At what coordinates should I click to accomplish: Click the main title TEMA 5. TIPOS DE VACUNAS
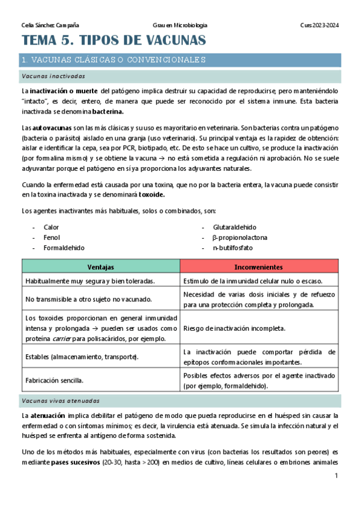(114, 41)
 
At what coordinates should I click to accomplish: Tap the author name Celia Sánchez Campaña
(50, 25)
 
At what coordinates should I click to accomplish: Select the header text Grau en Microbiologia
(180, 25)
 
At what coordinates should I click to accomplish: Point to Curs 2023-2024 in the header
(319, 25)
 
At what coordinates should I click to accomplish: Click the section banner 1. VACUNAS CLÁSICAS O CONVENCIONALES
(113, 60)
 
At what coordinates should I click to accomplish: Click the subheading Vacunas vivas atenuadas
(60, 401)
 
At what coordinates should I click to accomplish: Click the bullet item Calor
(51, 227)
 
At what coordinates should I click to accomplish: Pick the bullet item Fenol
(52, 238)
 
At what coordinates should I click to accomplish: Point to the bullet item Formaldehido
(64, 248)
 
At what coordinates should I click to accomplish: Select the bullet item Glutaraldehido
(234, 227)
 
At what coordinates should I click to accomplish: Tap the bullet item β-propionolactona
(239, 238)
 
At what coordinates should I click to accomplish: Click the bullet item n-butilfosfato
(233, 248)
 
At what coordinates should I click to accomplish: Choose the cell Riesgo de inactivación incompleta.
(234, 329)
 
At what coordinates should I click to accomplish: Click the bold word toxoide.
(151, 195)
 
